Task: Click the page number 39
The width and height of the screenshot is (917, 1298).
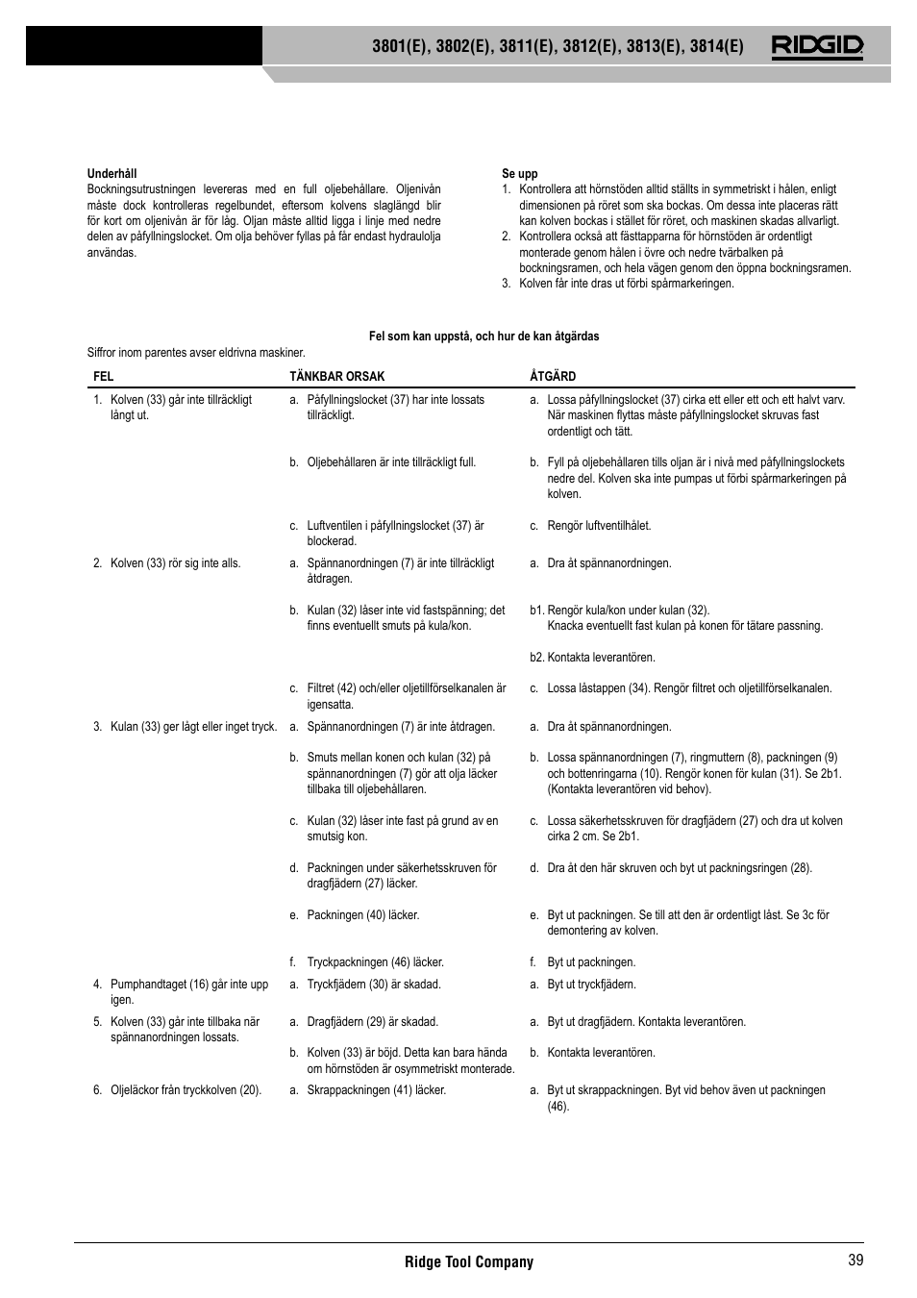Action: point(855,1261)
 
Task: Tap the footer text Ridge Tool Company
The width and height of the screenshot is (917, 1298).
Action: point(468,1261)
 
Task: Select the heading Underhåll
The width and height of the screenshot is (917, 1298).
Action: point(112,174)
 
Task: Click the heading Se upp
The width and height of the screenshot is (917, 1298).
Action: point(519,174)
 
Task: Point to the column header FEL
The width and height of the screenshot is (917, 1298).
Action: point(103,377)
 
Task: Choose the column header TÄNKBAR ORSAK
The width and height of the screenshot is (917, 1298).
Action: point(336,377)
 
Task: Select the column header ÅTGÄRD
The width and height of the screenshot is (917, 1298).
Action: point(553,377)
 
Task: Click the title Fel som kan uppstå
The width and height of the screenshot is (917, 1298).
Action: point(483,337)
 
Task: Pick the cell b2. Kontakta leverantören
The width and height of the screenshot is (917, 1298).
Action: point(592,658)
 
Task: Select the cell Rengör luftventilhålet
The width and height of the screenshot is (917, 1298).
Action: point(598,526)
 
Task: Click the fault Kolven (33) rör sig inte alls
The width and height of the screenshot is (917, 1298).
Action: point(174,563)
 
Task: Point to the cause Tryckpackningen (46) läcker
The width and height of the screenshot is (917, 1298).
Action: point(374,962)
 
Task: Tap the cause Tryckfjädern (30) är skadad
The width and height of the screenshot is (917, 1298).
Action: point(373,985)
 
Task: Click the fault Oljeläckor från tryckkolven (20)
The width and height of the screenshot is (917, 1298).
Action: point(185,1090)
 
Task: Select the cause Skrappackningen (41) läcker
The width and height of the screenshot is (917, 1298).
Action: point(375,1090)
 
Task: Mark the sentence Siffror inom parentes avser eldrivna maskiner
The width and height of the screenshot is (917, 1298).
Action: point(196,353)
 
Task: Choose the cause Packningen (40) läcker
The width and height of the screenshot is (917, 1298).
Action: point(362,915)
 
